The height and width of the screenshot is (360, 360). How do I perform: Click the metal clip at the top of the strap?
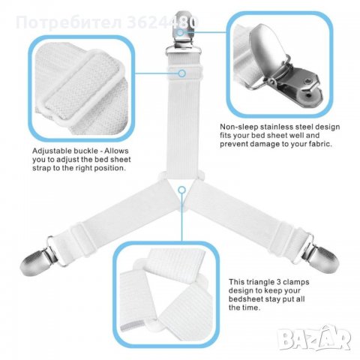[x=184, y=33]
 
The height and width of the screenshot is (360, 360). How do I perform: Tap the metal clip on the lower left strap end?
[x=40, y=256]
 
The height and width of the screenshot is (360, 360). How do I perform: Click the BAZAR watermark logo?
[x=315, y=338]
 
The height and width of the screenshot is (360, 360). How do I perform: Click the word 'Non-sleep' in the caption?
[x=239, y=127]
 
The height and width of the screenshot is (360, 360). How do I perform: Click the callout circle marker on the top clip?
[x=181, y=32]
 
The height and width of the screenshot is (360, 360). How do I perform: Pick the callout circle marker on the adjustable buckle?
[x=182, y=73]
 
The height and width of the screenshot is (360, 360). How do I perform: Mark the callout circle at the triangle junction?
[x=182, y=190]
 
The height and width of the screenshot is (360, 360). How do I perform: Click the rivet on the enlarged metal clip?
[x=308, y=82]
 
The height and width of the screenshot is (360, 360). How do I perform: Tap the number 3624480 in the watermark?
[x=163, y=22]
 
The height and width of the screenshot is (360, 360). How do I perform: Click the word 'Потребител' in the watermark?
[x=69, y=22]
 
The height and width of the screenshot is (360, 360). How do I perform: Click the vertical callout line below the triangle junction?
[x=182, y=217]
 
